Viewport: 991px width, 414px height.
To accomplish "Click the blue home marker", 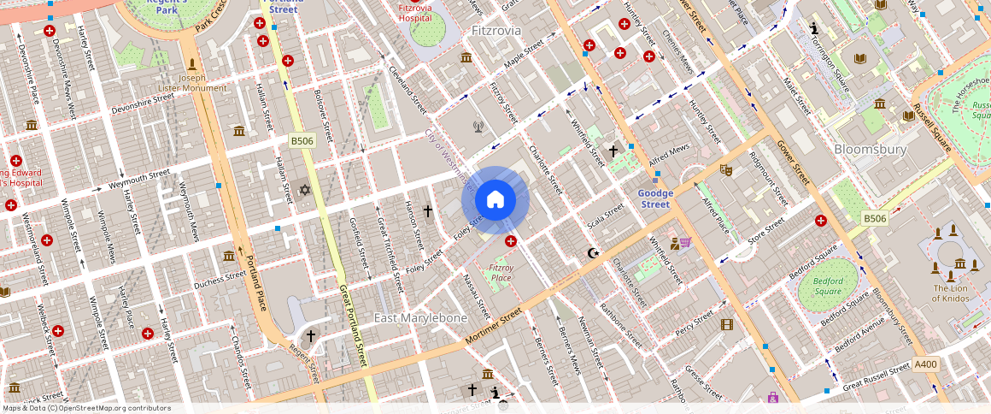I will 495,200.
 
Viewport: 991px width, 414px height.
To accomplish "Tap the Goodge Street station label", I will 655,198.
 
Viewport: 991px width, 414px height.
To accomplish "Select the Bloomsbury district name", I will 870,149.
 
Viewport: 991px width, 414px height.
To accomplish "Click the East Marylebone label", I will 421,317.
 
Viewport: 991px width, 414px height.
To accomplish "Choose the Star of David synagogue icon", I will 304,189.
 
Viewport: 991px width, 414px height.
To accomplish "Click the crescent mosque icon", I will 594,253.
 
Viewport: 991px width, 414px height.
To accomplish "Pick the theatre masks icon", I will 726,169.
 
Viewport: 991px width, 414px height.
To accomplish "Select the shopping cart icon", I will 685,243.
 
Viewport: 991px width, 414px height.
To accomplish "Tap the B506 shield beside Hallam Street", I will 302,140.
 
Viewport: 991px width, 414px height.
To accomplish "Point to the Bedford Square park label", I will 828,286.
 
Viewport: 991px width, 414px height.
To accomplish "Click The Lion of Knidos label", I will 949,293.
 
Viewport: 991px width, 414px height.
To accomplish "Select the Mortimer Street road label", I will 493,328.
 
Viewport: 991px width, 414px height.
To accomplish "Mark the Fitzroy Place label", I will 501,273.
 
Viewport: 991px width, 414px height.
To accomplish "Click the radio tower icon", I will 478,127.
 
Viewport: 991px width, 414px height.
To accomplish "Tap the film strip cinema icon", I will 726,324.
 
